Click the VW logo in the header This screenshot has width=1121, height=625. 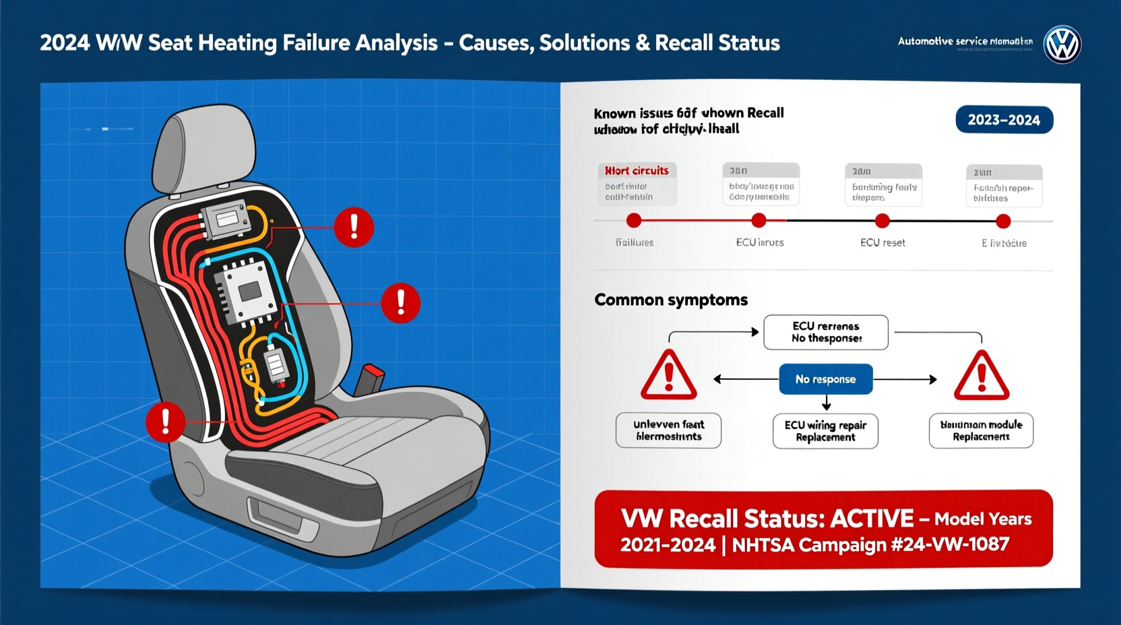pos(1062,44)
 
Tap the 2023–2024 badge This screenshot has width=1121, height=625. pos(1004,120)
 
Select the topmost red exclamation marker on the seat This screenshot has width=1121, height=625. pos(354,227)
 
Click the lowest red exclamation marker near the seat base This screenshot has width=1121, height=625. pos(165,422)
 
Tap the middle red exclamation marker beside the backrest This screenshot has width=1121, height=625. pos(400,302)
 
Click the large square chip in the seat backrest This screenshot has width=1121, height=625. pos(249,292)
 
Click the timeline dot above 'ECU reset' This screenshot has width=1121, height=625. pos(882,221)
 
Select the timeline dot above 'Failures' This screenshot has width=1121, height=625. pos(633,221)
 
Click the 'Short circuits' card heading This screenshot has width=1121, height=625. pos(637,170)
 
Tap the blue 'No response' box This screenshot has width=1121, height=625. pos(825,379)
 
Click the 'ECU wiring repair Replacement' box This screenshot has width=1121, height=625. pos(825,431)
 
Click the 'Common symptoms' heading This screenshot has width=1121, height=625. pos(670,300)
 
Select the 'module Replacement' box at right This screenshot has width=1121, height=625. pos(981,430)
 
